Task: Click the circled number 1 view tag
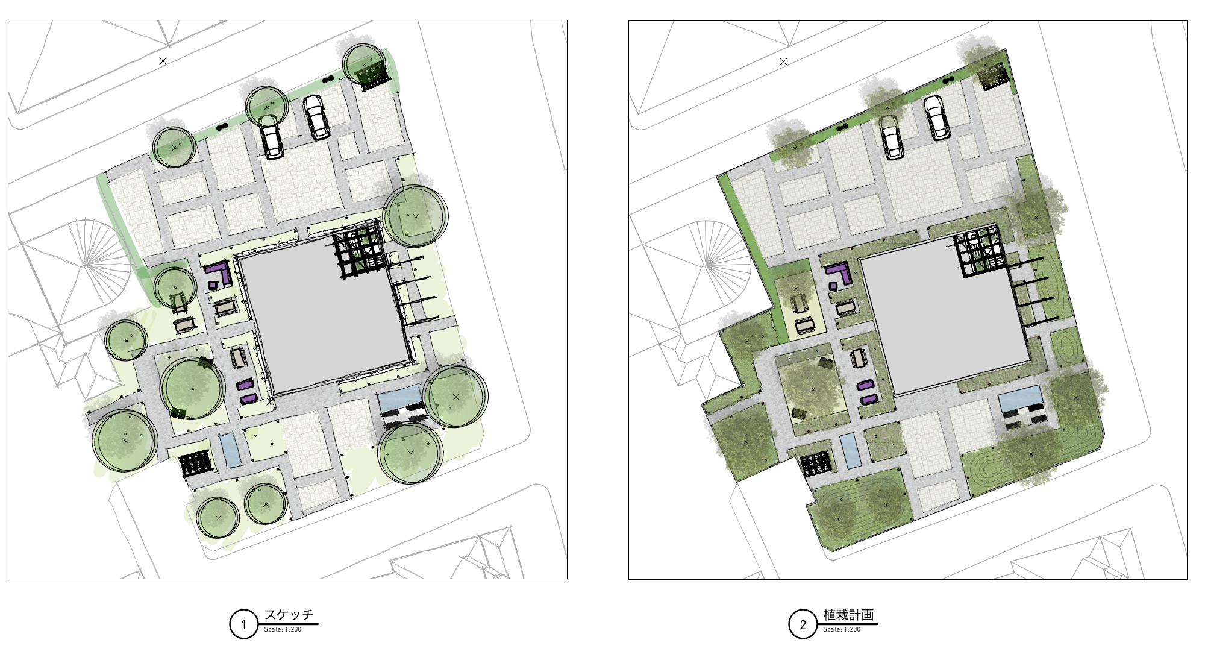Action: coord(244,624)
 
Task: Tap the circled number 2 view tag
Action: coord(803,624)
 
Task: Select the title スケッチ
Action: coord(289,615)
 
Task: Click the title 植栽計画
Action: coord(848,615)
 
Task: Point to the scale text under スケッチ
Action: coord(283,630)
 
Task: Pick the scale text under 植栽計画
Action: coord(842,630)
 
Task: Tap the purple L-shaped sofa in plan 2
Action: coord(839,273)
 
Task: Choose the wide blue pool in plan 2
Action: coord(1019,400)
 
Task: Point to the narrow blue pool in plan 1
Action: coord(230,450)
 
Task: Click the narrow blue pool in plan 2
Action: coord(850,451)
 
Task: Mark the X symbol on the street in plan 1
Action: coord(163,61)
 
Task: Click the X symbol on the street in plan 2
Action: coord(783,61)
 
